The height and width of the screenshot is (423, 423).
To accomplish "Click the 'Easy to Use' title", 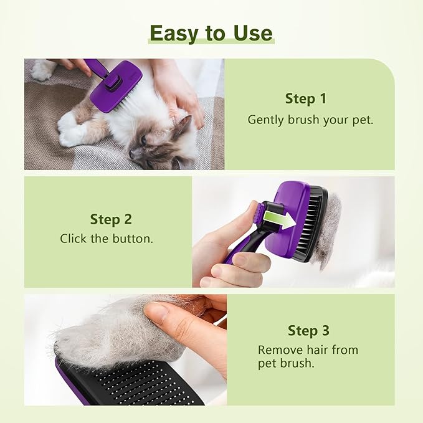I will (211, 33).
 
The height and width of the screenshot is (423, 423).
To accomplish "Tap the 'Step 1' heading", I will (305, 98).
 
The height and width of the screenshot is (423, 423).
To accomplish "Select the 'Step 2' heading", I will (110, 219).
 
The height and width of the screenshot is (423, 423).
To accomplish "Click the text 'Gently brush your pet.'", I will (310, 120).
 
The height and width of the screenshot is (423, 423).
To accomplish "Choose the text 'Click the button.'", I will (106, 239).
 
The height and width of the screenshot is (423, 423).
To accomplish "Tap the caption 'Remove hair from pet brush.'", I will (308, 356).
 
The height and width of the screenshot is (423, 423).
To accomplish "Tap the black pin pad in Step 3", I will (137, 380).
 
